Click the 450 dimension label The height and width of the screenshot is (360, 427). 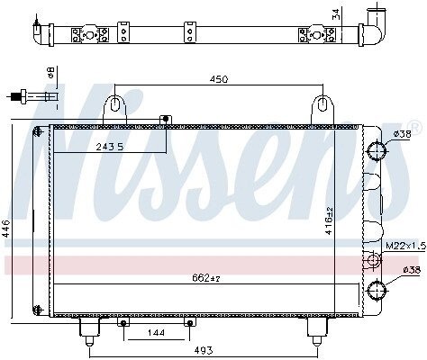[219, 79]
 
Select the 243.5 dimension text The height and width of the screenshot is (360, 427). [110, 147]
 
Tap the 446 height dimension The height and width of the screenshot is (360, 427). [6, 229]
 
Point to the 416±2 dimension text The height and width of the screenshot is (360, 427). [329, 220]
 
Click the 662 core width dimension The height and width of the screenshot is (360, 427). [206, 278]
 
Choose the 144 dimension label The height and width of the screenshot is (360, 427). [156, 333]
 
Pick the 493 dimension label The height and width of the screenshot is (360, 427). [204, 350]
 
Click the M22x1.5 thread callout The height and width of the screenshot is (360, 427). [405, 247]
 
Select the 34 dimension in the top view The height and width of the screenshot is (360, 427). [336, 14]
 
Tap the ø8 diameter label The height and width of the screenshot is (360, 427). [51, 73]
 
